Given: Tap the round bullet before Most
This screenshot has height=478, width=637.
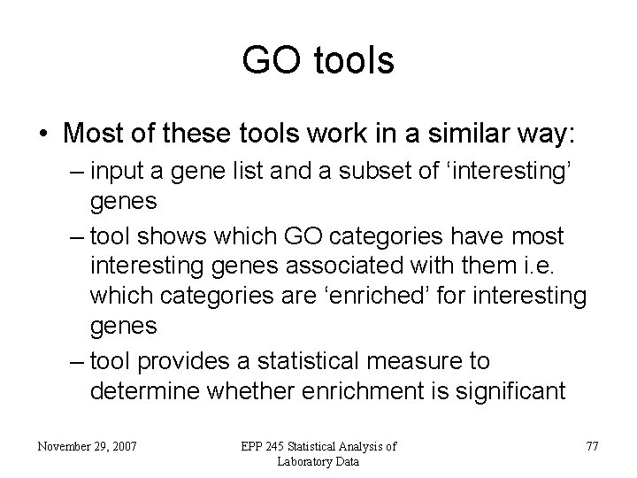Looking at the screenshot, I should (42, 135).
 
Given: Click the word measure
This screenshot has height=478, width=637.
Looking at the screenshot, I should (458, 361).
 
